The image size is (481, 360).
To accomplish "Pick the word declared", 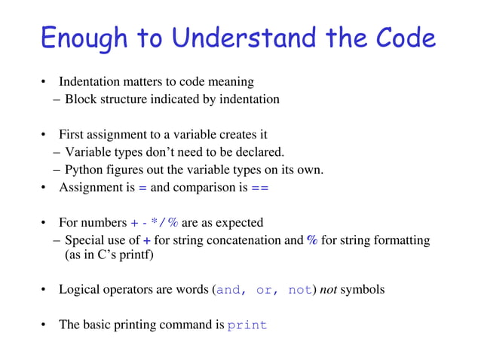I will (x=260, y=152).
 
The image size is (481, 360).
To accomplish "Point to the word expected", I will (x=240, y=223).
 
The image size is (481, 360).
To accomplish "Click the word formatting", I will (x=403, y=240).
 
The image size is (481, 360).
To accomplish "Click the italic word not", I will (x=328, y=289).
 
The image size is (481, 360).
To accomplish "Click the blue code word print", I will (x=247, y=326).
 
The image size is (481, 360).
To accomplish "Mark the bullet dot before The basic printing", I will (x=44, y=325).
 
